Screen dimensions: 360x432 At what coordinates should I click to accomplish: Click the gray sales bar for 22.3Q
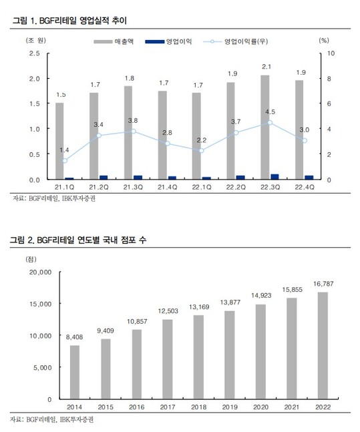(265, 127)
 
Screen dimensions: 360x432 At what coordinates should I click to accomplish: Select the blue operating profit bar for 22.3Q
(275, 176)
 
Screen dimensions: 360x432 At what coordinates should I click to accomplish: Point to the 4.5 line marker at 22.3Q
(270, 123)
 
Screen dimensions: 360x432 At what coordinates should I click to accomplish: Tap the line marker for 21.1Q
(65, 161)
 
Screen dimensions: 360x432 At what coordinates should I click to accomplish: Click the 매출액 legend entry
(114, 41)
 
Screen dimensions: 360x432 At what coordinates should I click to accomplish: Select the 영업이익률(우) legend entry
(235, 41)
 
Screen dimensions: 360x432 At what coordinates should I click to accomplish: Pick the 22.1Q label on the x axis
(202, 188)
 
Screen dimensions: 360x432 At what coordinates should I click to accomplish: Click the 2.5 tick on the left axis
(35, 53)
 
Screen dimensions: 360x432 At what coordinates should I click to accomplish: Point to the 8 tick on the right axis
(329, 79)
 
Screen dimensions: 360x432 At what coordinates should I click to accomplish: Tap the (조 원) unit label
(36, 41)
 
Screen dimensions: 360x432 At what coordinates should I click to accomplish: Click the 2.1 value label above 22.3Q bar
(266, 67)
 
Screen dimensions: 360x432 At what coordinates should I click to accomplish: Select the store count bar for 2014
(75, 372)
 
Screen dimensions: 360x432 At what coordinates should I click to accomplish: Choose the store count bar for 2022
(323, 345)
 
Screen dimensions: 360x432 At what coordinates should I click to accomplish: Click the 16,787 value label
(323, 284)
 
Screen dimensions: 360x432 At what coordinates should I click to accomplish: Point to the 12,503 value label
(168, 311)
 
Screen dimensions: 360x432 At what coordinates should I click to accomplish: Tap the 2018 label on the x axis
(199, 407)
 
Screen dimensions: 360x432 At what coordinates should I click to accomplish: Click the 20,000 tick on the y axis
(41, 272)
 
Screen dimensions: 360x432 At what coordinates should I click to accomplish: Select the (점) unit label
(31, 259)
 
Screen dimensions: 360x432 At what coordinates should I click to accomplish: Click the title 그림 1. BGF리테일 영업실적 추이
(69, 21)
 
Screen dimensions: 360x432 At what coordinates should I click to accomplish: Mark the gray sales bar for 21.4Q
(162, 135)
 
